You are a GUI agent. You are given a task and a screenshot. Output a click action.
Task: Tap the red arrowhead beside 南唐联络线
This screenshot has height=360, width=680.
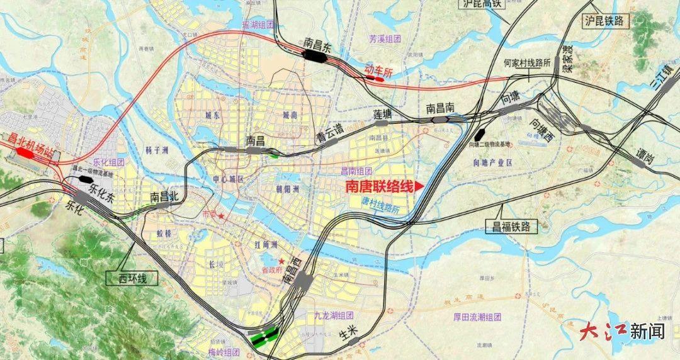419,187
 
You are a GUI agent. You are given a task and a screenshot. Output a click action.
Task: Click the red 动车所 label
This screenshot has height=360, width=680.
378,72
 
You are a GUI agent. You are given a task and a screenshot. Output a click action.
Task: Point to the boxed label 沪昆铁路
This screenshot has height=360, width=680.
606,21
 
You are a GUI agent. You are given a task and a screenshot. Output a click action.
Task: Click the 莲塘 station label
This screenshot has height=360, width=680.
382,114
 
